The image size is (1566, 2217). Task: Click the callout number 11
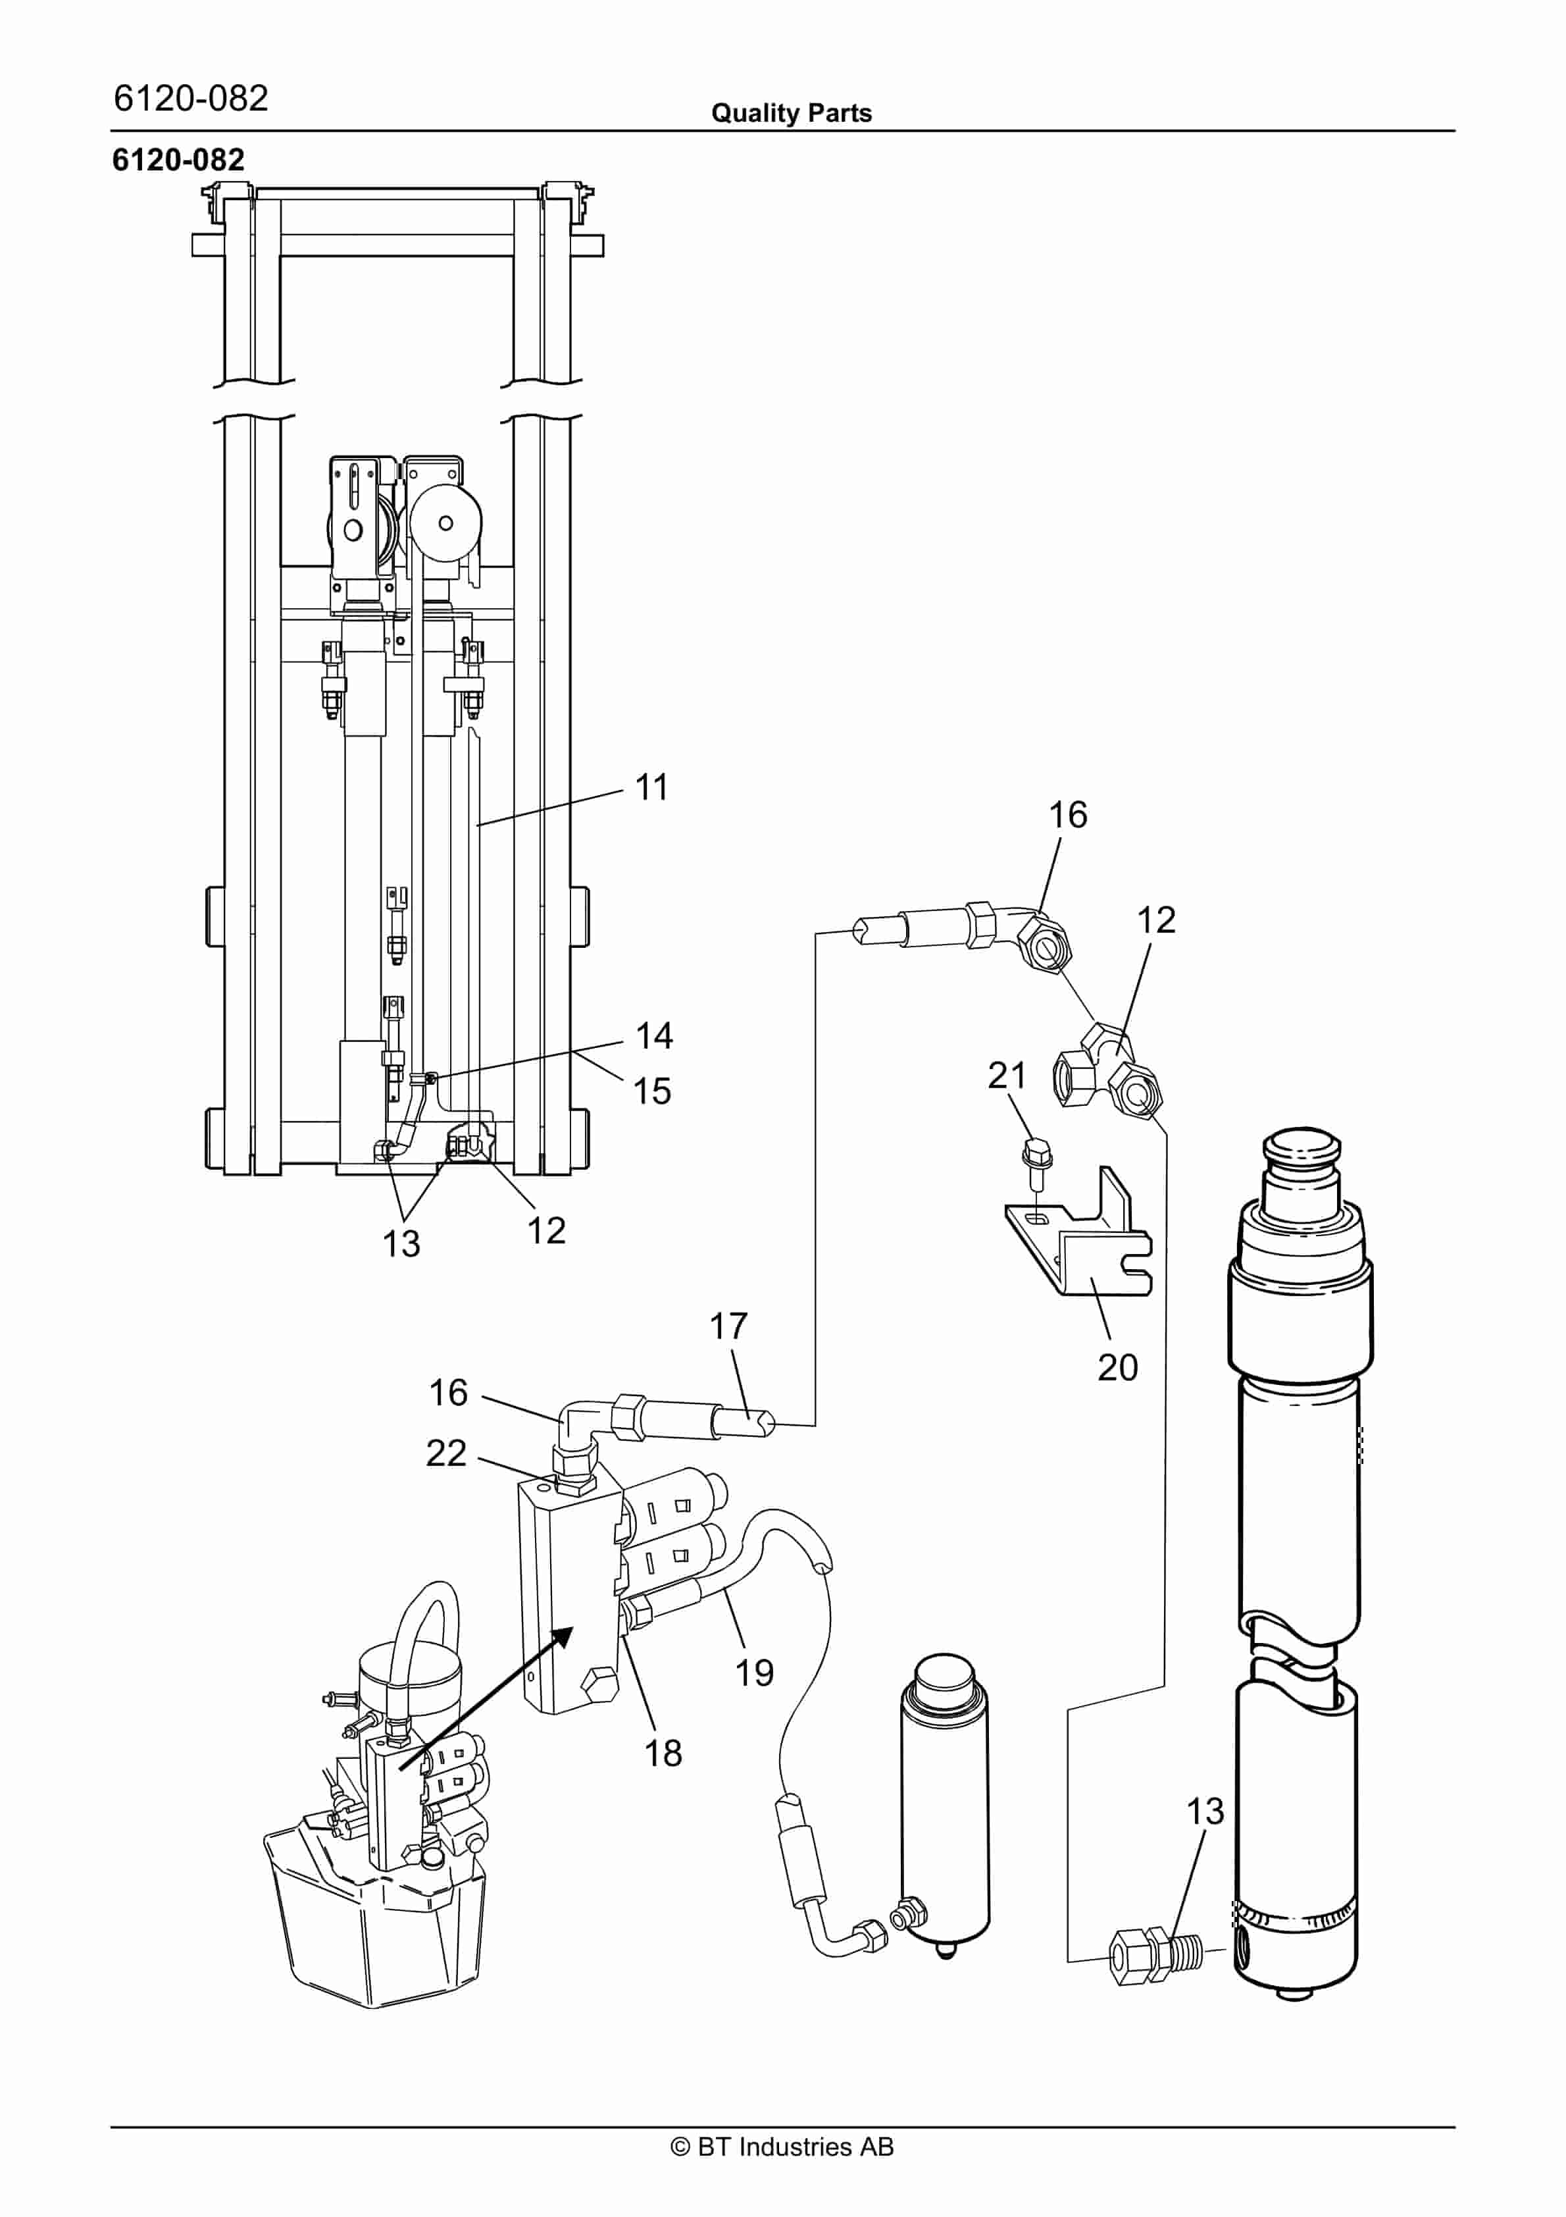click(651, 787)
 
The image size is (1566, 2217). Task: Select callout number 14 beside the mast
click(653, 1036)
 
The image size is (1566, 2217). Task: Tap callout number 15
click(651, 1091)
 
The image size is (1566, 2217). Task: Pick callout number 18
click(663, 1752)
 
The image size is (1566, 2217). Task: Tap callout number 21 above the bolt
click(1006, 1075)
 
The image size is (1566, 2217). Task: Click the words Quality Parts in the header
click(791, 113)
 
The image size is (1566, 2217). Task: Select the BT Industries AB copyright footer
click(782, 2147)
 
